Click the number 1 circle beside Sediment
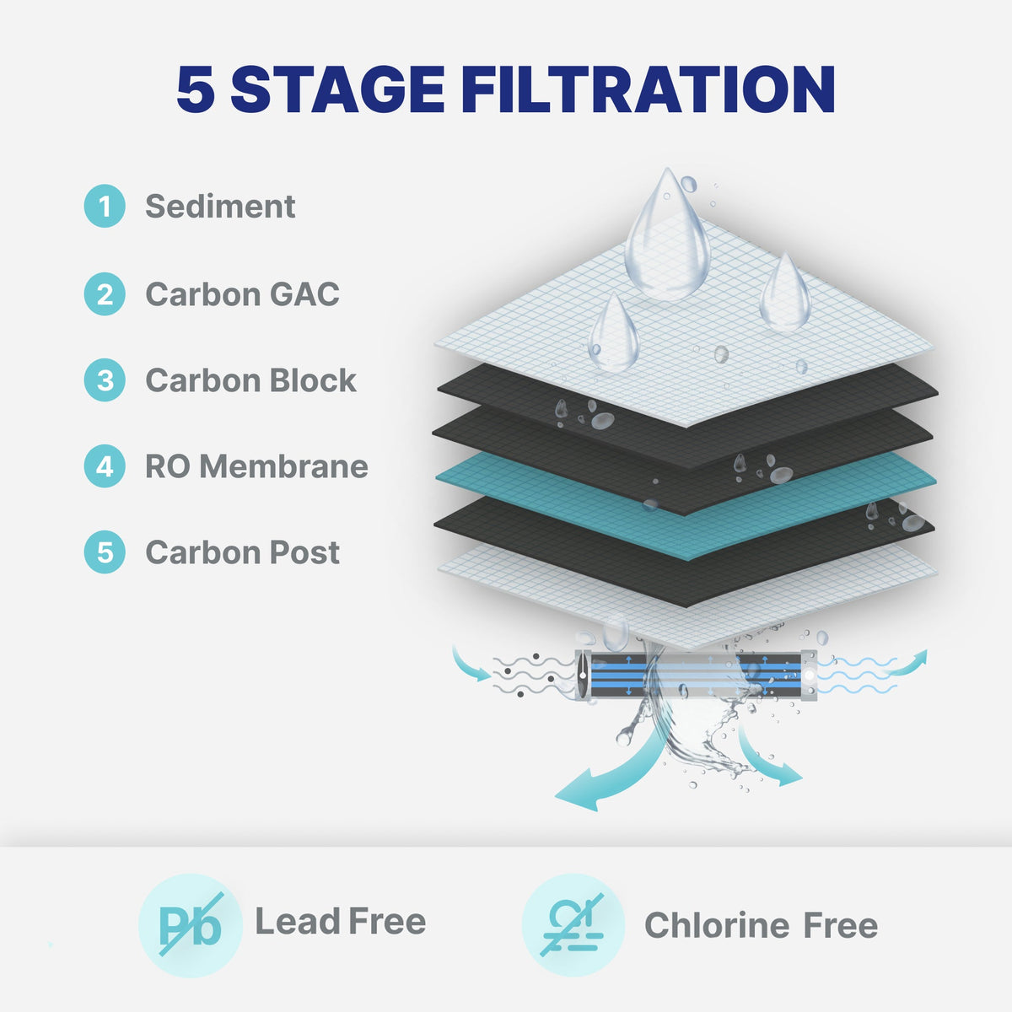click(x=105, y=206)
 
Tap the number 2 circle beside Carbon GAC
click(x=105, y=293)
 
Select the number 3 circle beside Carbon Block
click(x=105, y=379)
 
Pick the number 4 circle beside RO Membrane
click(x=105, y=466)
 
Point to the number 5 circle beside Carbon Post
click(x=105, y=552)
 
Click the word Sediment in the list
click(x=220, y=206)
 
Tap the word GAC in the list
click(x=304, y=294)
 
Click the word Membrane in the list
click(x=283, y=466)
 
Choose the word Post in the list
click(x=304, y=552)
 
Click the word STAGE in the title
click(x=337, y=89)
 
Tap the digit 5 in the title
click(x=196, y=89)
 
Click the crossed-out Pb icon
click(x=190, y=925)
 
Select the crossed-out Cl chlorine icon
click(x=573, y=925)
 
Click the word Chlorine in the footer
click(x=717, y=925)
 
